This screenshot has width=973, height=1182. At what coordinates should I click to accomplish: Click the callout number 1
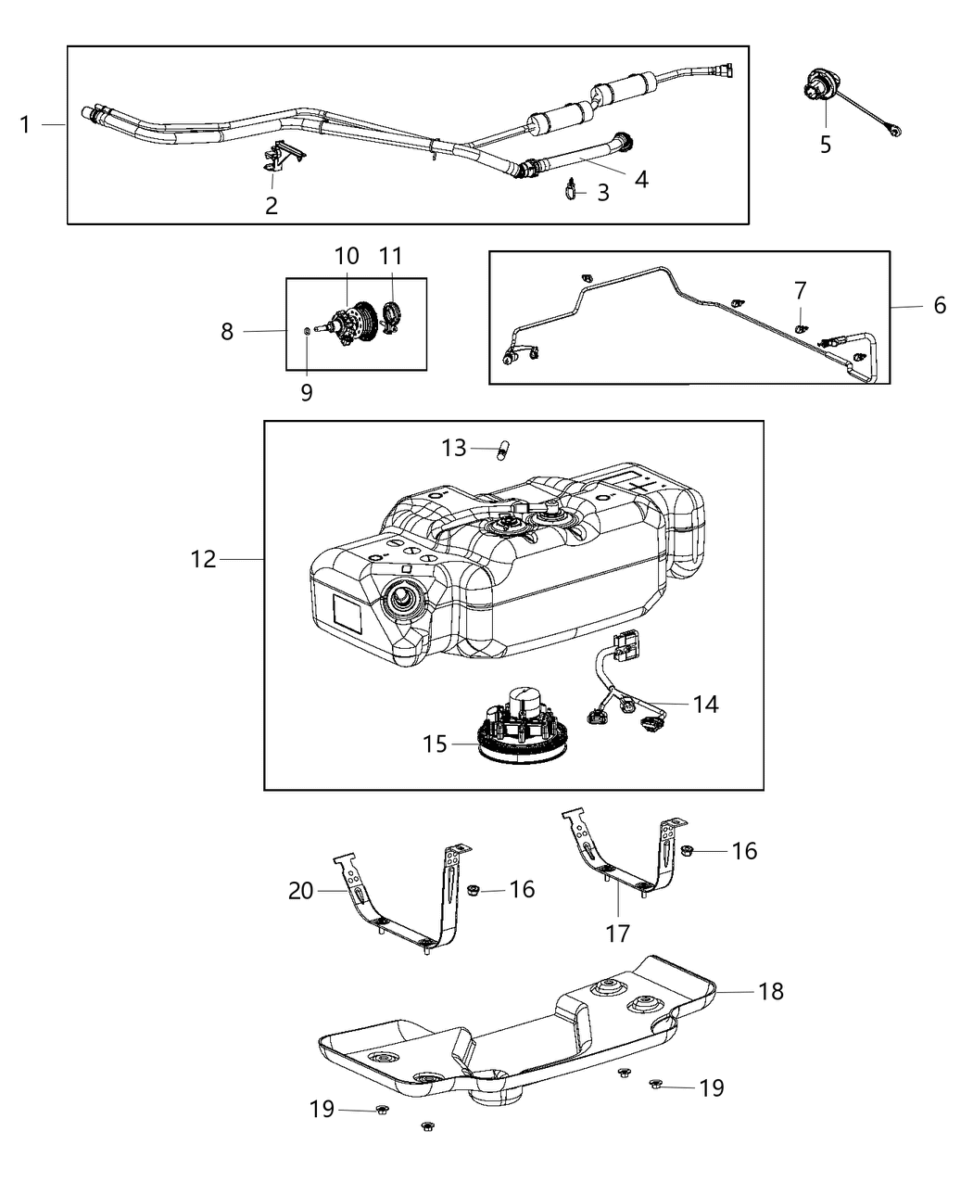25,124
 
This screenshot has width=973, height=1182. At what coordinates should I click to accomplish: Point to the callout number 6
940,305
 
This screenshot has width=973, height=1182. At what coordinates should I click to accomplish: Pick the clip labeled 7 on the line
801,324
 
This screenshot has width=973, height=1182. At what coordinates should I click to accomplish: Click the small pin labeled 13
503,451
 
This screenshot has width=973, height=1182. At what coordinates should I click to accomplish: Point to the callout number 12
203,559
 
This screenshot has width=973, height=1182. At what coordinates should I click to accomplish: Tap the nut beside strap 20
472,890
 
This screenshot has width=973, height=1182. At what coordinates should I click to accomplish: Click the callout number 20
301,891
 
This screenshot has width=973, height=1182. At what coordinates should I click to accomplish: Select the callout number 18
770,991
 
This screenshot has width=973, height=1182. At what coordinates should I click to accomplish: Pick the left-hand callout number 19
322,1109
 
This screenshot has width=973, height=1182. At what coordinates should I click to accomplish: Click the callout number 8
227,331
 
